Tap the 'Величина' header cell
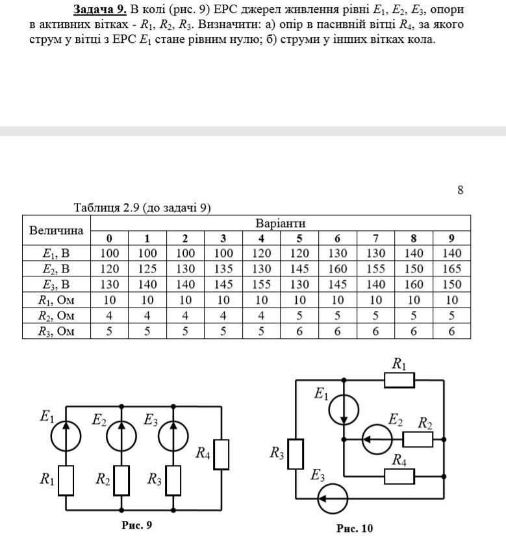click(57, 230)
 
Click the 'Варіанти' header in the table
click(280, 223)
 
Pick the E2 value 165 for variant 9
click(451, 269)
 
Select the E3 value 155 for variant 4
click(262, 284)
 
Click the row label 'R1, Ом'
click(57, 300)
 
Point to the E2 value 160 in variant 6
click(338, 269)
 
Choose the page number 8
click(460, 190)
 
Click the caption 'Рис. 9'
click(136, 525)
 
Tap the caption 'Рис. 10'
click(355, 528)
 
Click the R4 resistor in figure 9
click(221, 454)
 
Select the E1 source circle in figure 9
click(66, 434)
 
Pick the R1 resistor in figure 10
click(399, 379)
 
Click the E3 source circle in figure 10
click(333, 499)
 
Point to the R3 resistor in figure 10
click(296, 454)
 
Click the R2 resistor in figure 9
click(121, 481)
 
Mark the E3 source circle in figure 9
click(173, 434)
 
